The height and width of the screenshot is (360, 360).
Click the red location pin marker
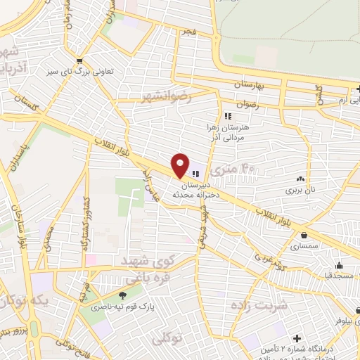click(x=180, y=165)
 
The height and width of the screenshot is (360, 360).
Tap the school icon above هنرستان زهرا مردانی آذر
click(x=226, y=116)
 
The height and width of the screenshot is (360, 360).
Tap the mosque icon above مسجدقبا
click(x=339, y=265)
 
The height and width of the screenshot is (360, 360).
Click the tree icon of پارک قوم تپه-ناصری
click(x=124, y=295)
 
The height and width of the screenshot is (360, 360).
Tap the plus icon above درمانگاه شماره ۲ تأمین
click(x=297, y=339)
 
